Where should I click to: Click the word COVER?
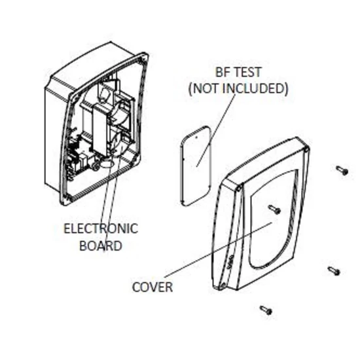[153, 287]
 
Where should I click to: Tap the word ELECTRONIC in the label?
[101, 228]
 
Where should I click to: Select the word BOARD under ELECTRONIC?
[101, 245]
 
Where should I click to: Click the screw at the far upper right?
[342, 170]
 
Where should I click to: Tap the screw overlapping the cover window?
[275, 209]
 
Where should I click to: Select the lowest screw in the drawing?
[266, 310]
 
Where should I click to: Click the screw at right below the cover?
[334, 271]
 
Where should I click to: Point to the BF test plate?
[196, 166]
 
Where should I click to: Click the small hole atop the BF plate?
[196, 137]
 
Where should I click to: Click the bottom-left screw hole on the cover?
[223, 286]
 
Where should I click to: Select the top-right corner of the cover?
[308, 147]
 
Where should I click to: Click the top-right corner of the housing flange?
[146, 54]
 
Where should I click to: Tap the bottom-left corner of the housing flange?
[63, 203]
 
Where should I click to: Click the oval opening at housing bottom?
[106, 164]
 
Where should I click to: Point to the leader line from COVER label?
[219, 250]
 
